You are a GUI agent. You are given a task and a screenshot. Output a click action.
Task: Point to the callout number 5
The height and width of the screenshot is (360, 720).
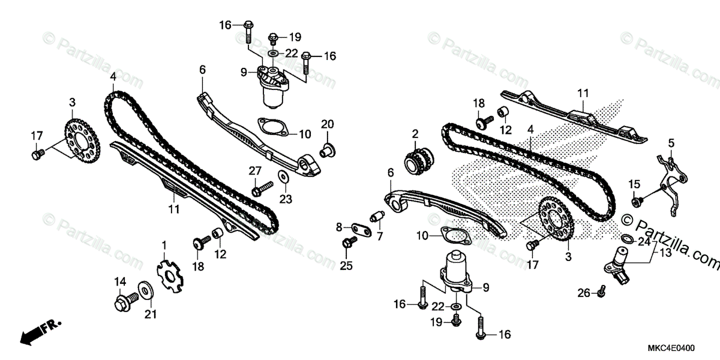(x=671, y=143)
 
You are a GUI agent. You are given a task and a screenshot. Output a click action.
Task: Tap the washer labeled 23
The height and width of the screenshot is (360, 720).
(x=282, y=177)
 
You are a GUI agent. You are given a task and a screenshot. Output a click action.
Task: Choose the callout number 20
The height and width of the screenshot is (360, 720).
(x=327, y=124)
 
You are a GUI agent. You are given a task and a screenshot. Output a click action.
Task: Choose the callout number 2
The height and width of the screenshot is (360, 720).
(x=415, y=133)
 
